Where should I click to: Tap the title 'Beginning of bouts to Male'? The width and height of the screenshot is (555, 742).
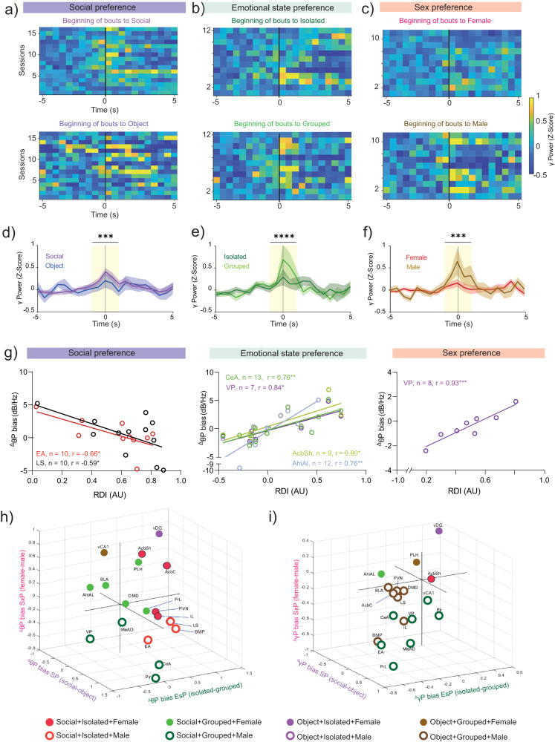point(449,128)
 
